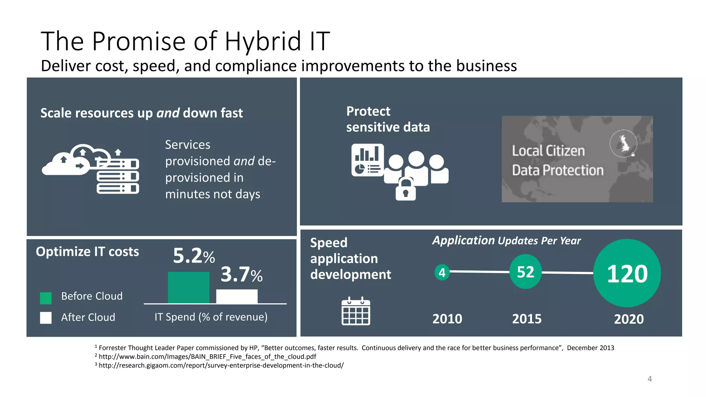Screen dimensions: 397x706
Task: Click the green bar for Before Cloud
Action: (189, 287)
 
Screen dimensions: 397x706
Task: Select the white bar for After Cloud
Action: (237, 296)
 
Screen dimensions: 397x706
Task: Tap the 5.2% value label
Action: (194, 256)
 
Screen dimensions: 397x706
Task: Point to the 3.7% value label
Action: (241, 275)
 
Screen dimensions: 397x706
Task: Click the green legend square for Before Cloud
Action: (46, 298)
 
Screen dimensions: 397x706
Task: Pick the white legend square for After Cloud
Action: (46, 318)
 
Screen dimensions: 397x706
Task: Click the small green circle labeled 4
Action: (442, 273)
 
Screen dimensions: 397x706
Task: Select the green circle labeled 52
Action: (525, 272)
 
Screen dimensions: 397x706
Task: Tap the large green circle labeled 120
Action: (627, 273)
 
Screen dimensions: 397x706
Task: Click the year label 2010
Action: (447, 319)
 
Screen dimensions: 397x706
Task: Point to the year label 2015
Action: (527, 319)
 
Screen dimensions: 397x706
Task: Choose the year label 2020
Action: (629, 319)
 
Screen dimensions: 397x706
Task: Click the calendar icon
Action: (356, 311)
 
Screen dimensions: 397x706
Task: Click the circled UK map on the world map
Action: (624, 144)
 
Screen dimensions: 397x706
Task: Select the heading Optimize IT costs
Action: (88, 252)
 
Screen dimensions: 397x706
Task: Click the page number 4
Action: (650, 379)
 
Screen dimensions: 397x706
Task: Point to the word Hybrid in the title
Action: (263, 41)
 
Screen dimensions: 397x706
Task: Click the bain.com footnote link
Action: (207, 357)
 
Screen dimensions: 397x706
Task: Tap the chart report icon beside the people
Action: (367, 160)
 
